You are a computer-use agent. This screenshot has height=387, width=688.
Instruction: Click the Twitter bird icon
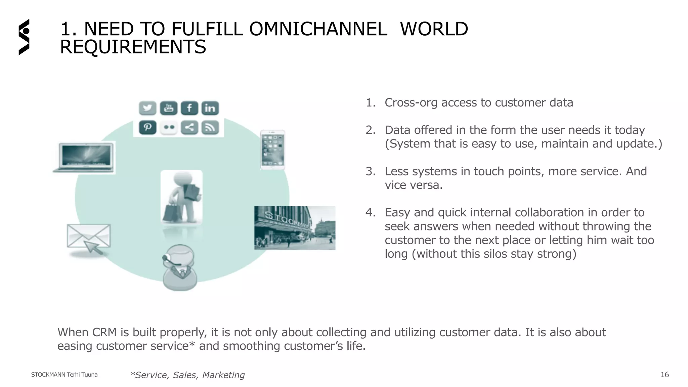[147, 108]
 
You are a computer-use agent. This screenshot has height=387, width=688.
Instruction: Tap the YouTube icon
[168, 108]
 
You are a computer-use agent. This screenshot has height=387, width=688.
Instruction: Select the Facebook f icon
[189, 108]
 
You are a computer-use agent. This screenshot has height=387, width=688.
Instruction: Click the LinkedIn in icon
[210, 108]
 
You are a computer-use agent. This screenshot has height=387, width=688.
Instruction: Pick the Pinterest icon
[147, 128]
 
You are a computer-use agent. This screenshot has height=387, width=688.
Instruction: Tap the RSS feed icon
[210, 128]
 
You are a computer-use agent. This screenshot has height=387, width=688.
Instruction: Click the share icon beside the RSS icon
[189, 128]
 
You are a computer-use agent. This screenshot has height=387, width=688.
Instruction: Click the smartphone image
[273, 150]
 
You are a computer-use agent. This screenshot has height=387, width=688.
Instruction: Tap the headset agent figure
[180, 267]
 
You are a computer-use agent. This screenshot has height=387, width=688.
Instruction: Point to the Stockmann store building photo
[295, 228]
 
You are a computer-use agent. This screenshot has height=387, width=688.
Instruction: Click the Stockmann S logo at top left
[24, 37]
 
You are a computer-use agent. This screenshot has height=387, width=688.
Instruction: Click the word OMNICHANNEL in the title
[318, 29]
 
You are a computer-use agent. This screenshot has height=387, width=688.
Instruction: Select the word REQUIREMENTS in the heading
[133, 47]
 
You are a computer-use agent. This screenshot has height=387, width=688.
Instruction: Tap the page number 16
[664, 375]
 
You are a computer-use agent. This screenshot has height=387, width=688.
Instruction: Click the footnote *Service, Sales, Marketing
[187, 375]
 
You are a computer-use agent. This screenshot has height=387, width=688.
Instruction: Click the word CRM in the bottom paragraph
[104, 332]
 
